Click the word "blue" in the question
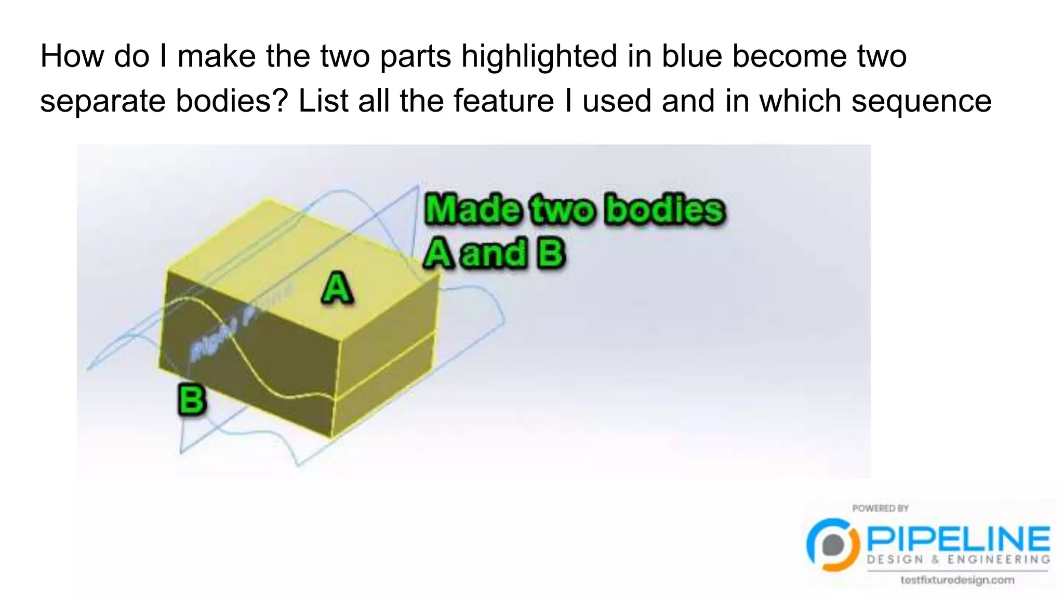pyautogui.click(x=691, y=56)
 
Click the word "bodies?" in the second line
pyautogui.click(x=231, y=100)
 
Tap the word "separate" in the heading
pyautogui.click(x=102, y=101)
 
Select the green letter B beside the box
pyautogui.click(x=192, y=399)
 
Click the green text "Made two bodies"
pyautogui.click(x=575, y=209)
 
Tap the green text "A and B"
pyautogui.click(x=494, y=254)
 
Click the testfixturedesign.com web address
pyautogui.click(x=957, y=580)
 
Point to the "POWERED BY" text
pyautogui.click(x=880, y=508)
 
